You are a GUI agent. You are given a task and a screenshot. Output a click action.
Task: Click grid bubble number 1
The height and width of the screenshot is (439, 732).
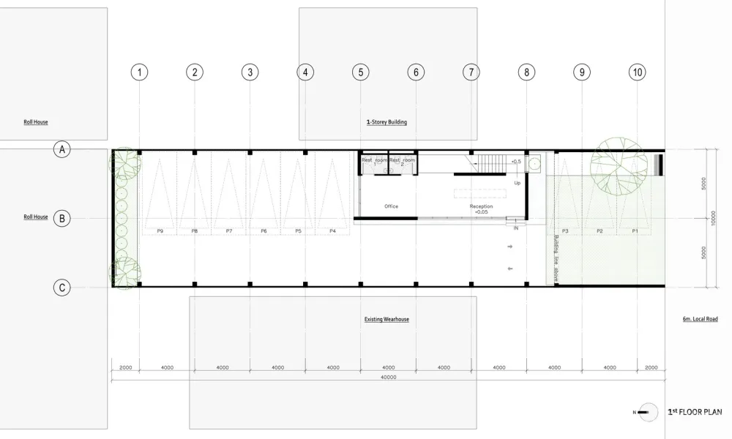(140, 72)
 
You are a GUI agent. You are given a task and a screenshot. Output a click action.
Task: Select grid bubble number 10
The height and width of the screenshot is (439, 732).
(637, 72)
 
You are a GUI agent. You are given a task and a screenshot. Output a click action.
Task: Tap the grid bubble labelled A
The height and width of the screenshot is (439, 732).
(62, 149)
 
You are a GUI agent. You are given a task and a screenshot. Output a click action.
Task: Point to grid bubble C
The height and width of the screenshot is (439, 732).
(62, 288)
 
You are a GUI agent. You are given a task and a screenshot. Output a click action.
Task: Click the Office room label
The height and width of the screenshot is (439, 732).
(391, 206)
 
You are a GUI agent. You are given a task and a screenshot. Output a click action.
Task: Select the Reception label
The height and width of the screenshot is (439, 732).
(481, 206)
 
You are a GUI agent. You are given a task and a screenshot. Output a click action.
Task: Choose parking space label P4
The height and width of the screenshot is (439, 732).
(332, 230)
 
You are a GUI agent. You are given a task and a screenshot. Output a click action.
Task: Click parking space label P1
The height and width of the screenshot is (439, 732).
(635, 230)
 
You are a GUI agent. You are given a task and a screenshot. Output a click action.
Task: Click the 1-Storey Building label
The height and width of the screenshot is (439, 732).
(386, 122)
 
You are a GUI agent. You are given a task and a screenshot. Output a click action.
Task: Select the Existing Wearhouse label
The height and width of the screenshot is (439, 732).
(386, 320)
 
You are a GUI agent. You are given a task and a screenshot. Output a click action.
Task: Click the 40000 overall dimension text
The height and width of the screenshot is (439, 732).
(388, 378)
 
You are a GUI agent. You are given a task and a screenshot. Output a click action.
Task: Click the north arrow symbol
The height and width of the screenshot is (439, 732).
(644, 413)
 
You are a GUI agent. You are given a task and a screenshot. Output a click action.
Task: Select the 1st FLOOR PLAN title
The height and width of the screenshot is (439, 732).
(695, 413)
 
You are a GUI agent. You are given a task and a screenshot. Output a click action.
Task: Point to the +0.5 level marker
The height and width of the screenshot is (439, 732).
(515, 161)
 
